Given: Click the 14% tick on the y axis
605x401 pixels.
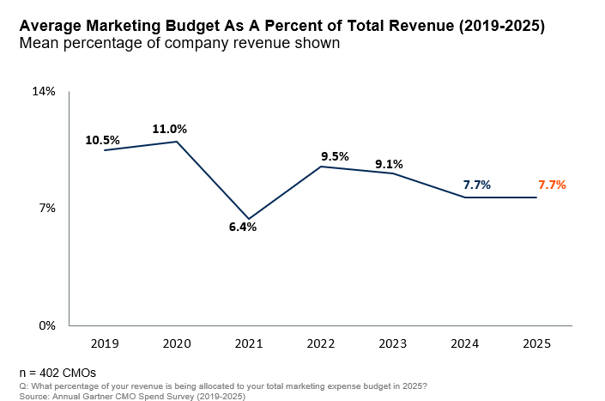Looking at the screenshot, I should pyautogui.click(x=44, y=91).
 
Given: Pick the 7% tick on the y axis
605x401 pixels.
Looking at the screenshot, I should pyautogui.click(x=47, y=209).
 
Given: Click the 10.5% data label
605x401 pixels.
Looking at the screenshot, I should pyautogui.click(x=102, y=140).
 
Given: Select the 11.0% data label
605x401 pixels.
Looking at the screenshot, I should pyautogui.click(x=169, y=129).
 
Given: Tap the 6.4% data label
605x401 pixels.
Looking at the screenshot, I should pyautogui.click(x=243, y=228).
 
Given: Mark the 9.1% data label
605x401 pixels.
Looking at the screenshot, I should pyautogui.click(x=389, y=164).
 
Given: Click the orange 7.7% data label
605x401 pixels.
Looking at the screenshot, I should pyautogui.click(x=552, y=185).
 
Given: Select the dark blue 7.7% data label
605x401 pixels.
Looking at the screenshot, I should pyautogui.click(x=477, y=185).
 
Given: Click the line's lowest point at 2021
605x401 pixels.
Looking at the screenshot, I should pyautogui.click(x=249, y=218).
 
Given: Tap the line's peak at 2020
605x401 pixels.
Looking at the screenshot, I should pyautogui.click(x=177, y=142).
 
